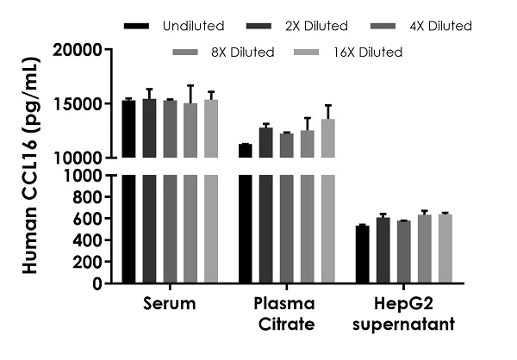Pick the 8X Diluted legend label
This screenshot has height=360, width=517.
point(242,53)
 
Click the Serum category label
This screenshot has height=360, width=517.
point(169,304)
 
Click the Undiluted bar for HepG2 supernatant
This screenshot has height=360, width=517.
point(362,255)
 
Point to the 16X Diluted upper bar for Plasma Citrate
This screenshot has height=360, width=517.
point(328,139)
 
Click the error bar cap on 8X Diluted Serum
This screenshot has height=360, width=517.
point(190,86)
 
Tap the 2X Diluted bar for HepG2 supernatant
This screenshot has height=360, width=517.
point(383,251)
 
